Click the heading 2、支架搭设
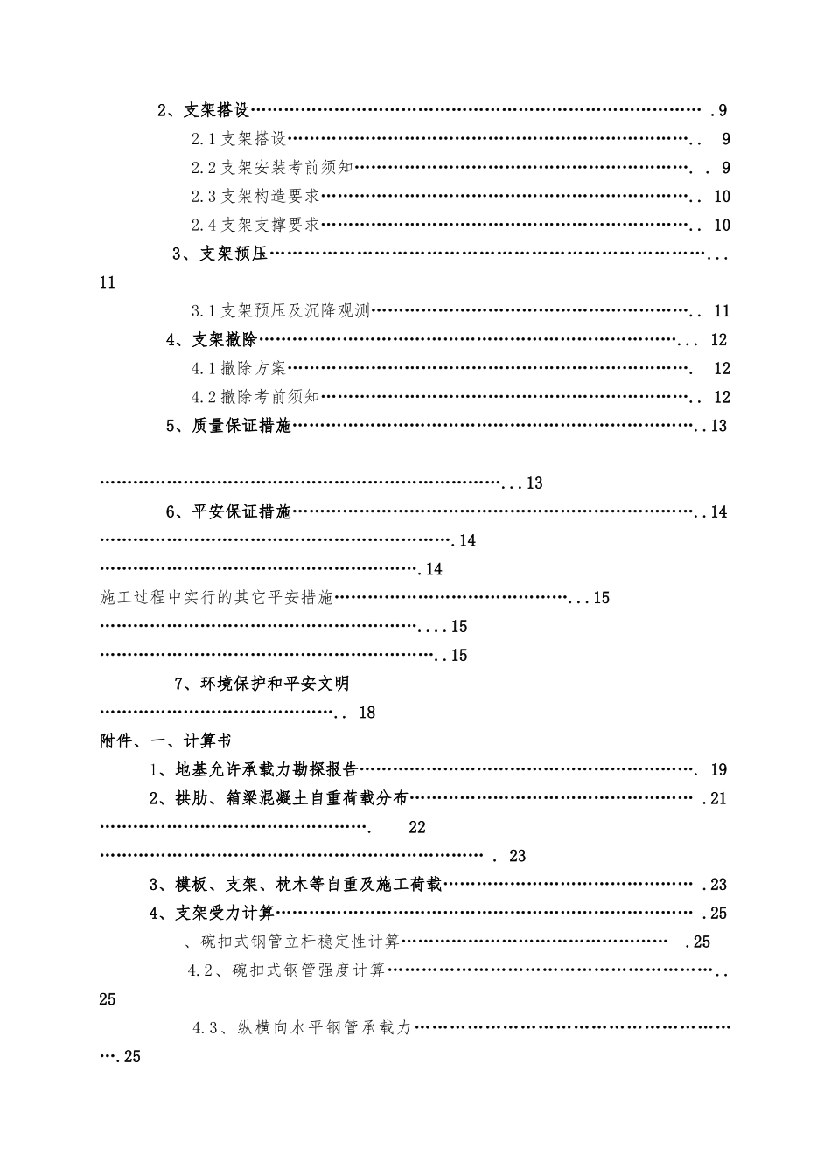[204, 110]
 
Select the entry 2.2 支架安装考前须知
[272, 168]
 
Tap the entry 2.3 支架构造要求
[255, 197]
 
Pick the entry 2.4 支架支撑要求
[255, 226]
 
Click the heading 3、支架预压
[220, 254]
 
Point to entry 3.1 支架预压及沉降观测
[281, 311]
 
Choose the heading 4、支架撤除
[212, 340]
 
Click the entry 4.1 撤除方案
[239, 369]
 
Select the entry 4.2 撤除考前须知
[255, 398]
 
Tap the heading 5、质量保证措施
[228, 426]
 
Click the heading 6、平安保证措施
[228, 511]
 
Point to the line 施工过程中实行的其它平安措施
[217, 598]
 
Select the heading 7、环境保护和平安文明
[262, 684]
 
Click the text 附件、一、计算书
[166, 741]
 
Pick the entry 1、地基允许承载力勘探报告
[254, 769]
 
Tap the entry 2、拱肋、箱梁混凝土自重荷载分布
[278, 798]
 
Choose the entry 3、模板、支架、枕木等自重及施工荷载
[296, 885]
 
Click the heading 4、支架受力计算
[213, 914]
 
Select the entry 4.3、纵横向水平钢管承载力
[302, 1028]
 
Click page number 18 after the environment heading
[367, 713]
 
